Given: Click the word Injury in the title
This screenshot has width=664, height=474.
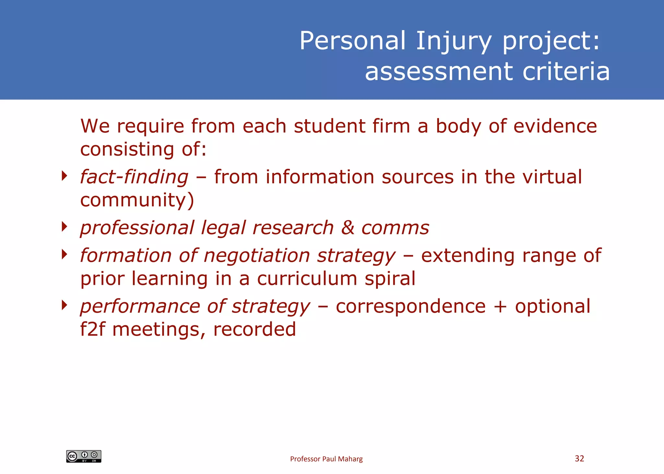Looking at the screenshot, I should click(454, 41).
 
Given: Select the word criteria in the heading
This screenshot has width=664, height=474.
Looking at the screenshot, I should click(566, 72).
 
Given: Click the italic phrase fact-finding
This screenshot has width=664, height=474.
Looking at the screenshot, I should click(134, 177).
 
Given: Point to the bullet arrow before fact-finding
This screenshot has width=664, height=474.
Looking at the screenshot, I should click(65, 176).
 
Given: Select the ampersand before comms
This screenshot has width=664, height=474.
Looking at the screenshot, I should click(348, 227).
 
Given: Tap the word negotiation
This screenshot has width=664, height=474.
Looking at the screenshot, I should click(257, 255).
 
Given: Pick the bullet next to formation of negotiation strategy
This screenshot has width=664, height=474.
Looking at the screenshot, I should click(65, 254).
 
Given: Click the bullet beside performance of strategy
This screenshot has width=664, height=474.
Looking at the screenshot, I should click(65, 305).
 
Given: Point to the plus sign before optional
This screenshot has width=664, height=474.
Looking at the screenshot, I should click(500, 306).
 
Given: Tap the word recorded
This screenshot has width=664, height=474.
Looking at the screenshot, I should click(255, 329).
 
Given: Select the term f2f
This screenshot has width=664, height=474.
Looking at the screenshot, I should click(93, 329).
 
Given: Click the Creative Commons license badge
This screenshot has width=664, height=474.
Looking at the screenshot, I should click(84, 456).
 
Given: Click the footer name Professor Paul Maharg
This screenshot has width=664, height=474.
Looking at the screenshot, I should click(326, 459).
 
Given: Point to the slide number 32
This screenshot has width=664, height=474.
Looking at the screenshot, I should click(579, 458).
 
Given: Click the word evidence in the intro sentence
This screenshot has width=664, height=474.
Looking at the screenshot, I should click(555, 126).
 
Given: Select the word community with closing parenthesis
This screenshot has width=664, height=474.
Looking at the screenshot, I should click(137, 200).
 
